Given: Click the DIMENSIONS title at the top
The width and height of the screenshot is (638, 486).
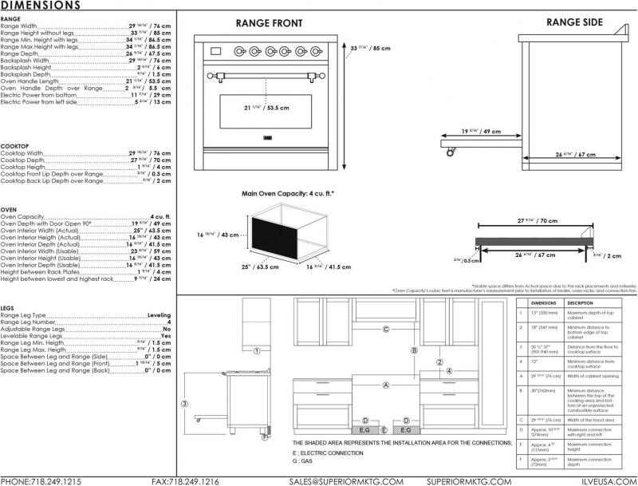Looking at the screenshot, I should [40, 6].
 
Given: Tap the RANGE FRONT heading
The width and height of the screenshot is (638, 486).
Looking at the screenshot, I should [269, 23].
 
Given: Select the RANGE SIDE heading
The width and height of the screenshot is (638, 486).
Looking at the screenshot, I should [573, 22].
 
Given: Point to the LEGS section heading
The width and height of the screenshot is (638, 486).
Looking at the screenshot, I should [7, 307].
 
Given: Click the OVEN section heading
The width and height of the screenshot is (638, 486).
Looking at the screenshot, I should [10, 210].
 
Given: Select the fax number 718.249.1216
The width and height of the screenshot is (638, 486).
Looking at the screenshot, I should [186, 480].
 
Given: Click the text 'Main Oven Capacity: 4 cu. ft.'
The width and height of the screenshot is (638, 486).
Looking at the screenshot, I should [288, 194].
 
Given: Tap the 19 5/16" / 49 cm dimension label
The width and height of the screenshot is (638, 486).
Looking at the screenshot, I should [480, 131].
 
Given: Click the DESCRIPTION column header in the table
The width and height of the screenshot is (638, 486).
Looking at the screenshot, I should [580, 304].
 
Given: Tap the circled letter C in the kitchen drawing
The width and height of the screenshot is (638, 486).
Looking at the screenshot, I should [385, 329].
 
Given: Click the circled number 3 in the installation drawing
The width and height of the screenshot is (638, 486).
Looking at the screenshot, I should [184, 403].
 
